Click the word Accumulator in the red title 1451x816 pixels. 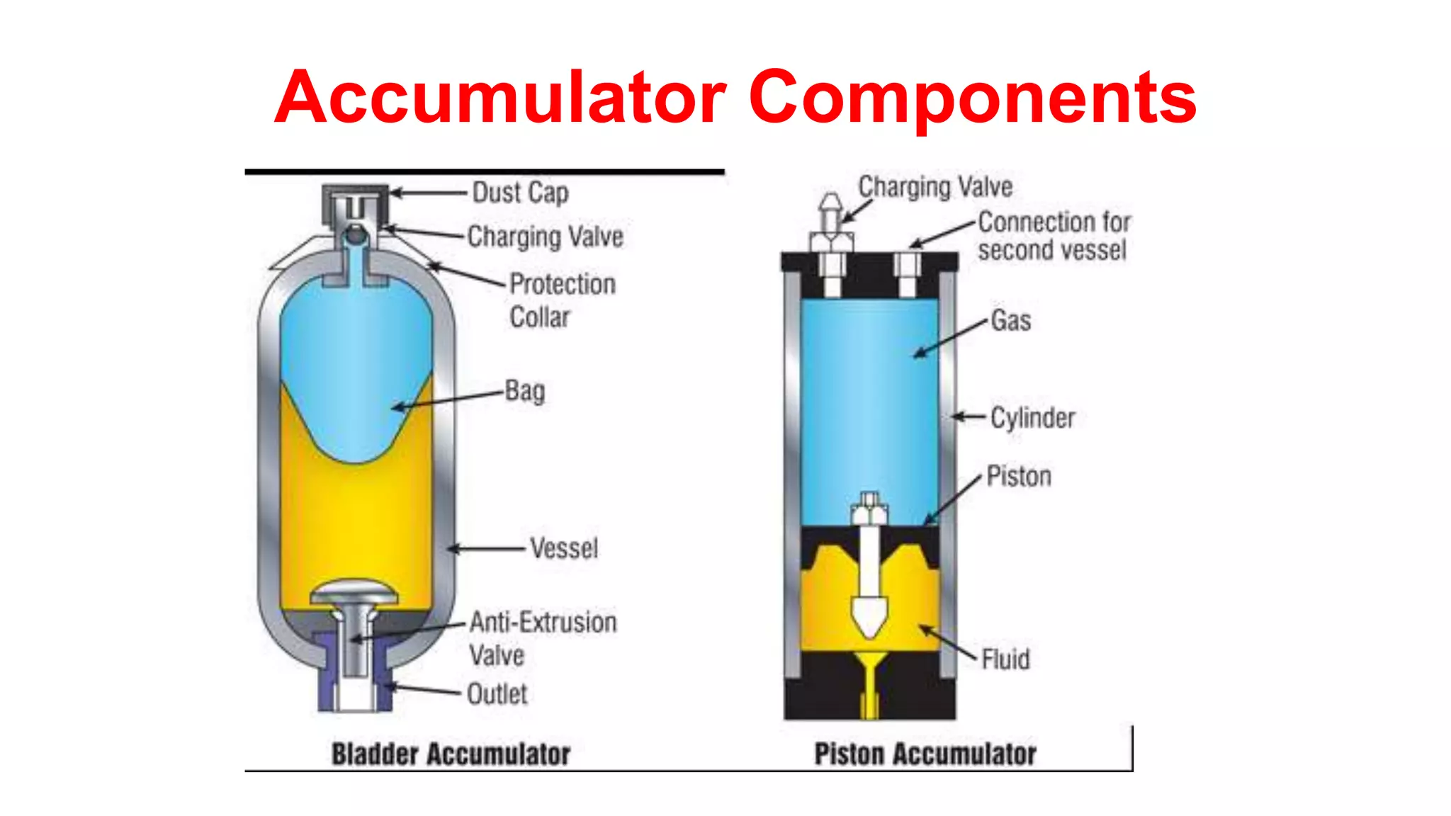(500, 97)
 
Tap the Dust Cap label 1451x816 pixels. (520, 193)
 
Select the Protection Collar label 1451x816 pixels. (562, 300)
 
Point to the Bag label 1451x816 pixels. (524, 391)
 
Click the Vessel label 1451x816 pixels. (564, 548)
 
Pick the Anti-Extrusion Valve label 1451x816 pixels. (542, 638)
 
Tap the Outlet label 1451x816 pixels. (497, 694)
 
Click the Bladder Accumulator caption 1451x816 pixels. (451, 754)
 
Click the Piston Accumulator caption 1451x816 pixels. (925, 754)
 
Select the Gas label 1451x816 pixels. (1010, 321)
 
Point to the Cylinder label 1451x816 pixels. (1032, 418)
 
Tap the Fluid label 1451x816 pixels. (1005, 659)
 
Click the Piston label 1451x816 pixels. (1019, 477)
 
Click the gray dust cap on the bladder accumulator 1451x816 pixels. (355, 202)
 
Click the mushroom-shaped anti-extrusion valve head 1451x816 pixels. (354, 592)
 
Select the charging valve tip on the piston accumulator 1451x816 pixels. (830, 206)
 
